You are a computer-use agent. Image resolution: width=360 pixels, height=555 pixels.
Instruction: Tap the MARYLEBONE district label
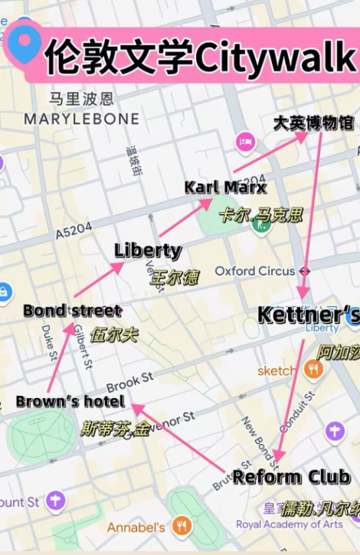(82, 119)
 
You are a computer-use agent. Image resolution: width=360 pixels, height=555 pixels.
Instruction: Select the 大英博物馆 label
(313, 122)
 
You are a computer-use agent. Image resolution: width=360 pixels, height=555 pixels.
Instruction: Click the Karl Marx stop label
(225, 188)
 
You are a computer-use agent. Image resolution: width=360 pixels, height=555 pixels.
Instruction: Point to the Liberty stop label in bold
(148, 250)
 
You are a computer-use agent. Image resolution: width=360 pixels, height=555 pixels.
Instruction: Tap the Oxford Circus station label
(255, 271)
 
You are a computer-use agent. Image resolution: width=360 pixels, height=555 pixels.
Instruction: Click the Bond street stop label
(72, 310)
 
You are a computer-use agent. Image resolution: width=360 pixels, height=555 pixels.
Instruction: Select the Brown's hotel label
(70, 401)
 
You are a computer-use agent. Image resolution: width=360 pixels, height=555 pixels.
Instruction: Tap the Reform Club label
(291, 477)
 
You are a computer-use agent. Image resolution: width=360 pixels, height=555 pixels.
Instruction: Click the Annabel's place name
(136, 527)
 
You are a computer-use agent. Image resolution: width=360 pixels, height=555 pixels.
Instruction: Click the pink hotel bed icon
(245, 142)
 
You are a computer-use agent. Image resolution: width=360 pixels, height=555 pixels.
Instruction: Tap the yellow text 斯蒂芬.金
(115, 427)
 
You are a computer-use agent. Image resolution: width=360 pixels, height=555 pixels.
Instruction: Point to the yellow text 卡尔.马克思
(260, 214)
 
